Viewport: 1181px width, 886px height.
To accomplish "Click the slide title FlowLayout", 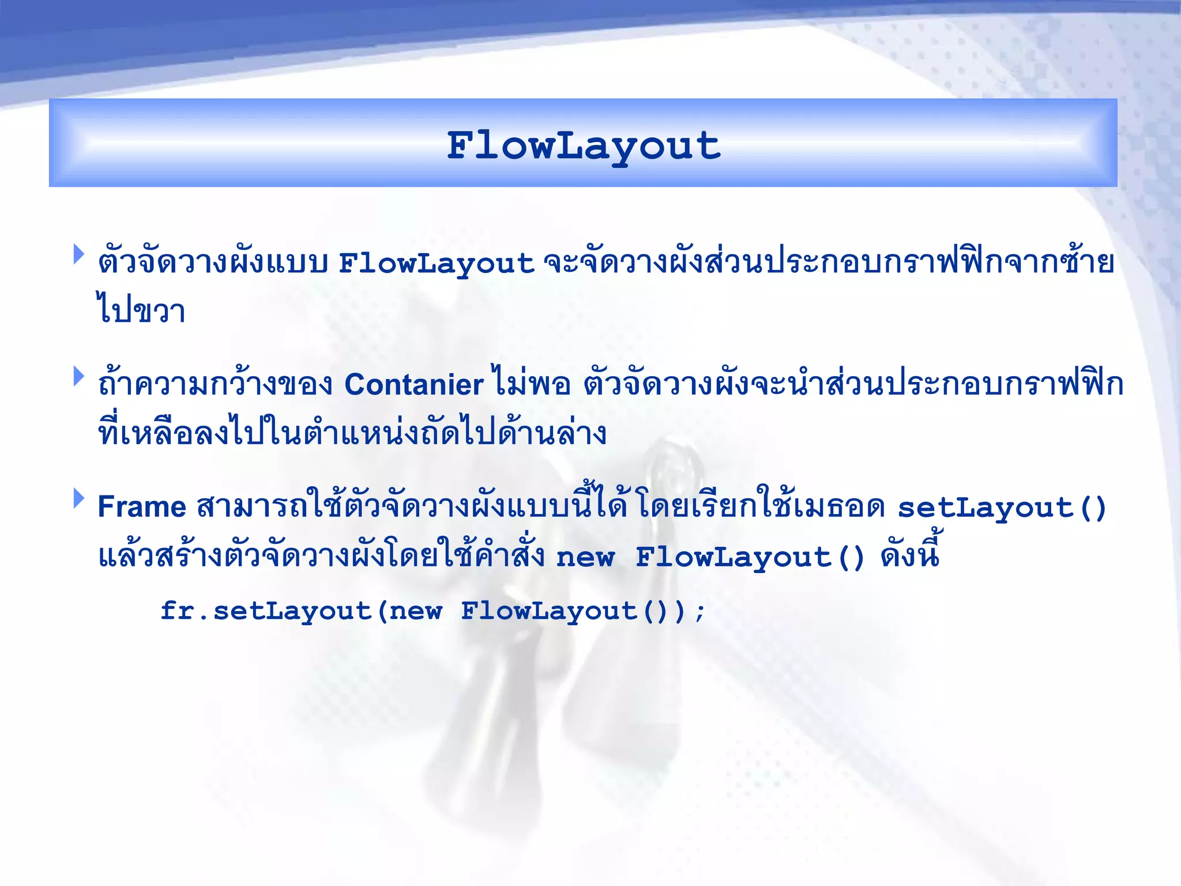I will tap(584, 145).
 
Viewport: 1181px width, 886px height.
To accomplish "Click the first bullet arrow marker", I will tap(78, 254).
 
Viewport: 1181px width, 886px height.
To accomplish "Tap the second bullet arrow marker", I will tap(78, 377).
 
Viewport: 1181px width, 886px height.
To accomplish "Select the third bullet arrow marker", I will tap(78, 499).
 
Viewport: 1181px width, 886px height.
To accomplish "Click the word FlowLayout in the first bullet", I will tap(436, 264).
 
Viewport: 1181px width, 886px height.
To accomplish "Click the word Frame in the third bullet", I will tap(142, 507).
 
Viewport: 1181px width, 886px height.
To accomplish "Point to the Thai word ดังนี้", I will tap(910, 554).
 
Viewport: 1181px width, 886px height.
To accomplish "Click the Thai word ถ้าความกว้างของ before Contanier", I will tap(215, 383).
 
